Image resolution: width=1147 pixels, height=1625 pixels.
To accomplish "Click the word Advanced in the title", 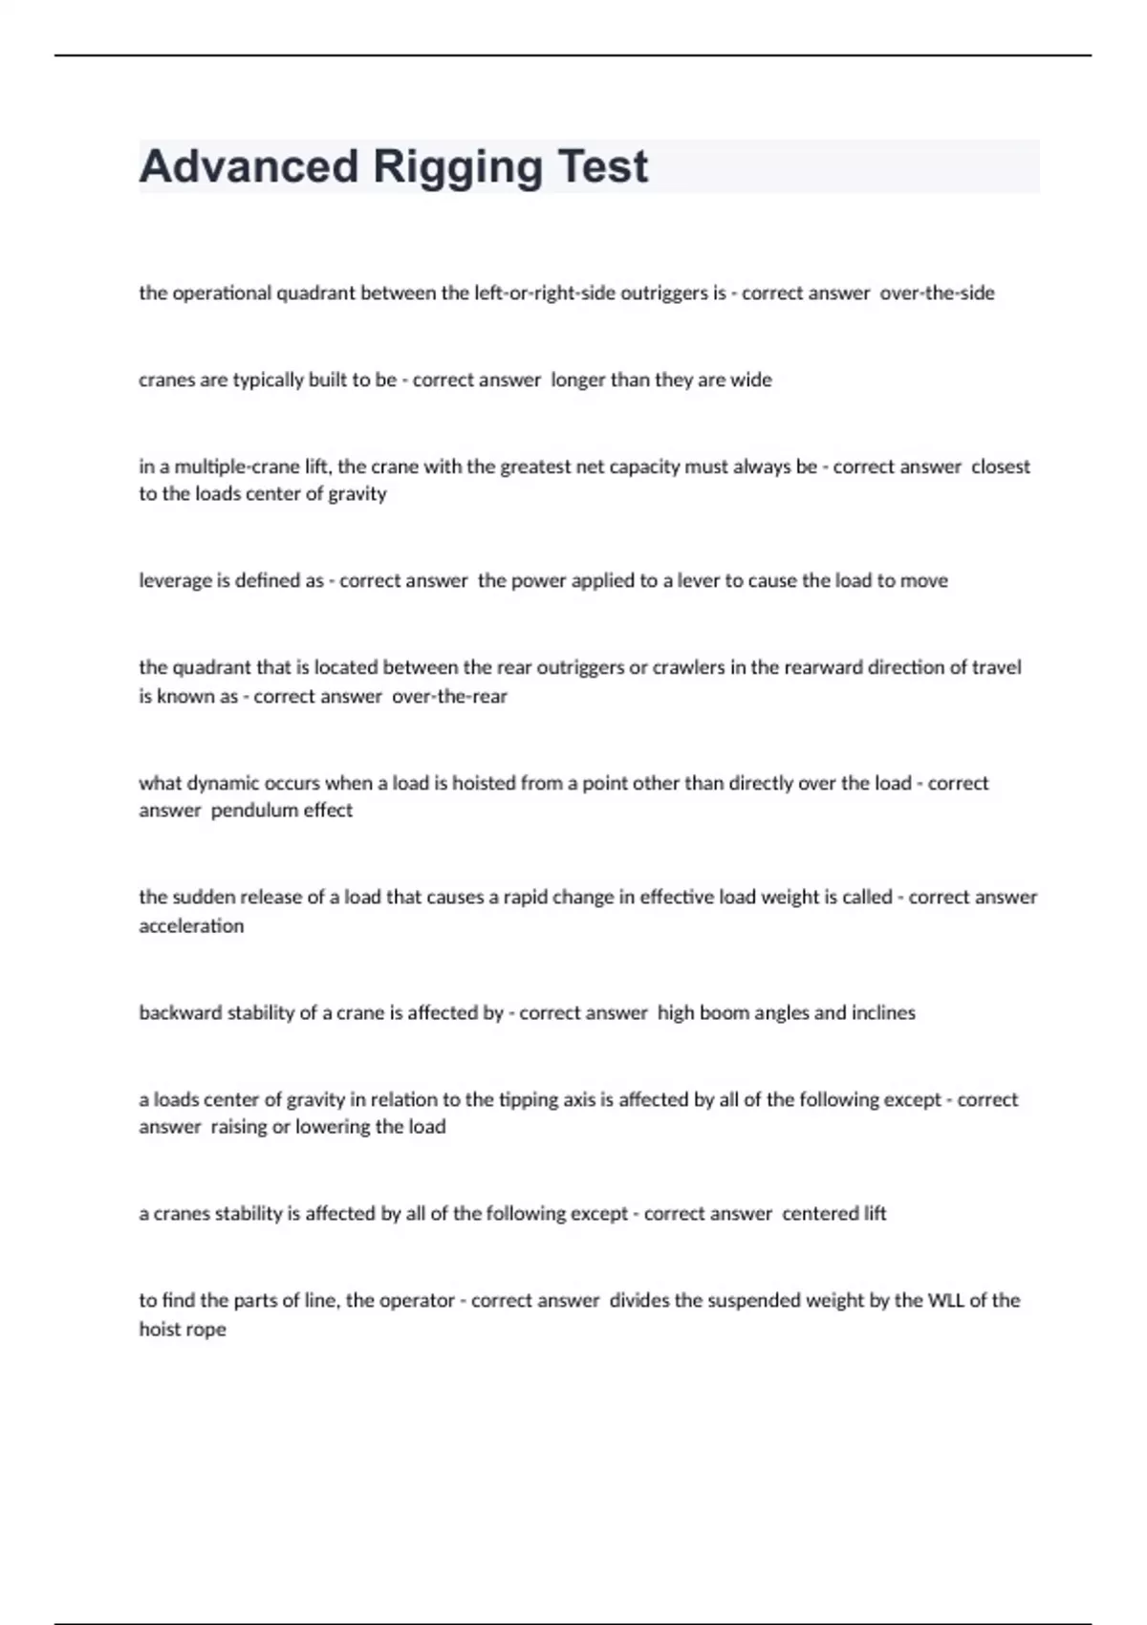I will click(x=248, y=166).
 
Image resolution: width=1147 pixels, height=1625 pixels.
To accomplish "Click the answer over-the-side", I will click(x=937, y=293).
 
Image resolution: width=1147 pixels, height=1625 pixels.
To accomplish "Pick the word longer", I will click(x=577, y=380).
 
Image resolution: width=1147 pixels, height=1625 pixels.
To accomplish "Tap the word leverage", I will click(x=175, y=581).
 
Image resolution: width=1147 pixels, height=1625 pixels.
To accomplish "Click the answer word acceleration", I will click(x=191, y=926).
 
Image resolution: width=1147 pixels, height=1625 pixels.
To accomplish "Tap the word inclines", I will click(x=879, y=1013).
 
